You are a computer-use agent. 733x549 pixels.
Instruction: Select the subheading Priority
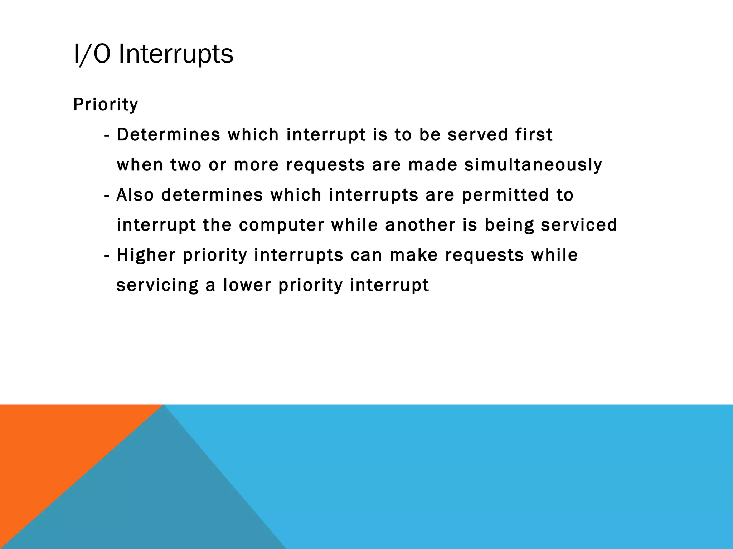click(105, 105)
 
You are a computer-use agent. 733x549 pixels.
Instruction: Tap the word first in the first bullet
click(534, 135)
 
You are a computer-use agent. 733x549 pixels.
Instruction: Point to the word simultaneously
click(533, 165)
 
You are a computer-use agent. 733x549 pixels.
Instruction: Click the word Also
click(135, 195)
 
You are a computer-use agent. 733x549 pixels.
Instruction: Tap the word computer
click(281, 225)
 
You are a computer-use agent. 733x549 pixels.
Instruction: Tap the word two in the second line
click(185, 165)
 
